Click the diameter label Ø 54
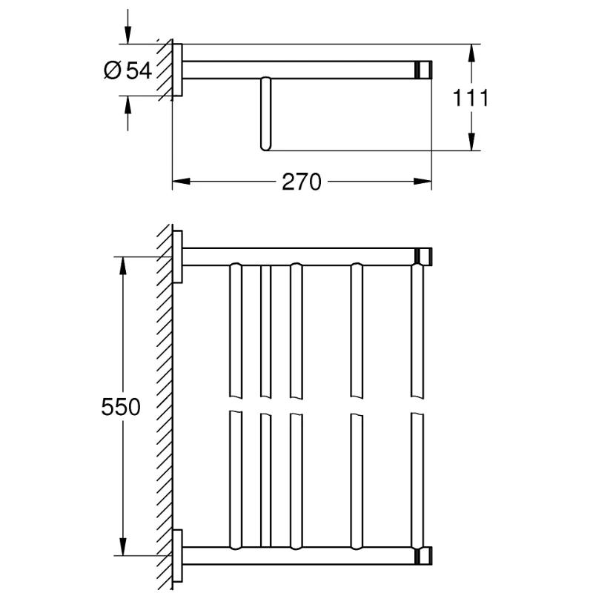[x=128, y=70]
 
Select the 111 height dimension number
[x=471, y=97]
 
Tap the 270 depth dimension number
[x=301, y=182]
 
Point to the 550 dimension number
[x=120, y=406]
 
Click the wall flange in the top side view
[x=178, y=69]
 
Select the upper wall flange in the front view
[x=178, y=256]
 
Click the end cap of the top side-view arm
[x=423, y=70]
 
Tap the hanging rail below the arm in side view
[x=265, y=115]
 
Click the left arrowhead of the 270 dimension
[x=180, y=181]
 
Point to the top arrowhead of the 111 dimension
[x=471, y=52]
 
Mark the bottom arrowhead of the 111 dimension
[x=471, y=142]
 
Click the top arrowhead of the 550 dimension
[x=123, y=265]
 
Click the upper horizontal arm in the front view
[x=296, y=256]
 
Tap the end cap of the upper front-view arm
[x=423, y=256]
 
